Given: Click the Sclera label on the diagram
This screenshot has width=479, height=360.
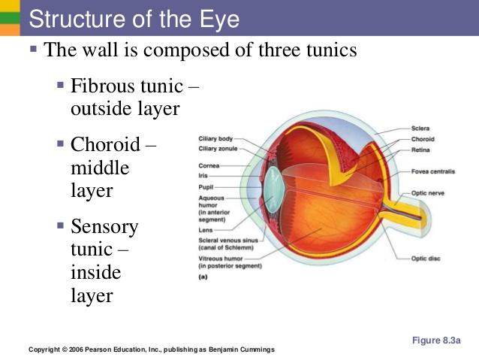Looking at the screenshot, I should pyautogui.click(x=420, y=129).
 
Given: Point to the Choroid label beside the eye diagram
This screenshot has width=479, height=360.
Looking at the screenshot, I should pyautogui.click(x=423, y=139).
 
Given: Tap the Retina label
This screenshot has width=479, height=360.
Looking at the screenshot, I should pyautogui.click(x=420, y=149).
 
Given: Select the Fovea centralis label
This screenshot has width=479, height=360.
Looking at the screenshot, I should pyautogui.click(x=433, y=171).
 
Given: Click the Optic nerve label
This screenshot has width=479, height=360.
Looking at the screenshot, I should pyautogui.click(x=428, y=193).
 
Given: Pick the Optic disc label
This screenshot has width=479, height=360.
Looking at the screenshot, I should pyautogui.click(x=426, y=259).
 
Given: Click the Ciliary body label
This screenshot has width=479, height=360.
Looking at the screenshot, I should pyautogui.click(x=215, y=139).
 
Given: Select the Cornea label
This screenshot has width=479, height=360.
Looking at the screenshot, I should pyautogui.click(x=209, y=165).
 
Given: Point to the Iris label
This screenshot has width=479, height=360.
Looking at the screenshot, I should pyautogui.click(x=203, y=174).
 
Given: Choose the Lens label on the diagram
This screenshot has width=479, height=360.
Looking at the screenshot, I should pyautogui.click(x=205, y=230).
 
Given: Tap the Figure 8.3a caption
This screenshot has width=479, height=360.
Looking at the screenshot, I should pyautogui.click(x=435, y=340).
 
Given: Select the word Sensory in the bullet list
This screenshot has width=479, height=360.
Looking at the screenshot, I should pyautogui.click(x=104, y=226).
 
